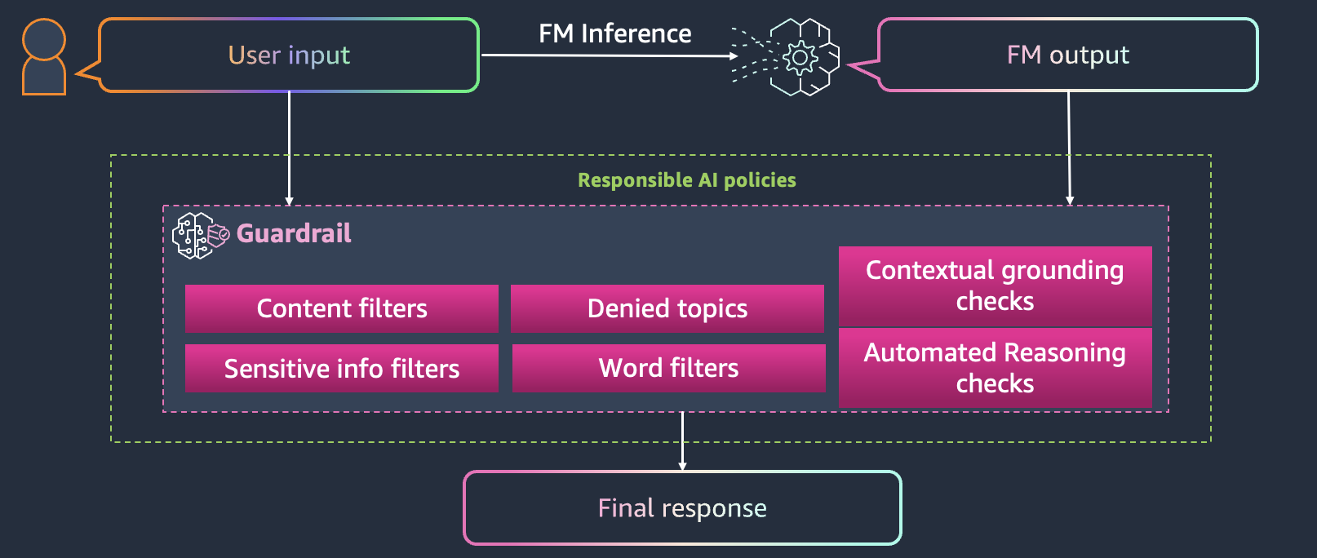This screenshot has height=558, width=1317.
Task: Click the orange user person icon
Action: tap(44, 57)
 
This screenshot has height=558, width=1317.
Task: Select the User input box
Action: tap(289, 55)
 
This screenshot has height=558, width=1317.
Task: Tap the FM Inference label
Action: tap(614, 33)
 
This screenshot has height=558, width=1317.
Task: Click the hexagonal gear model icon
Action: tap(800, 57)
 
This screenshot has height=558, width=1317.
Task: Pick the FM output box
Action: tap(1067, 55)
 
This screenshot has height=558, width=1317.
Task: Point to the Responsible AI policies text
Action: tap(686, 180)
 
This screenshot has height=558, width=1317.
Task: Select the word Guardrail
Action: tap(294, 234)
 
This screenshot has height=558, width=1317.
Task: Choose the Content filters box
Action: tap(341, 308)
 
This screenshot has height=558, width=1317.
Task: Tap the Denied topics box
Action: tap(667, 308)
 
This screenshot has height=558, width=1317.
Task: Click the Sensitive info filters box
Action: tap(341, 369)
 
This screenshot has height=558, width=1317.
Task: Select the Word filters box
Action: tap(668, 369)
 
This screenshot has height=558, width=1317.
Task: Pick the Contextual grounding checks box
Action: tap(995, 286)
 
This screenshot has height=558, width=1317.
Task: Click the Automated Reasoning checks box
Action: tap(995, 368)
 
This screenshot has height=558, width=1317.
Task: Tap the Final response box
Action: tap(682, 508)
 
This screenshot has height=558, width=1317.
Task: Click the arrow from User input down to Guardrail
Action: tap(289, 147)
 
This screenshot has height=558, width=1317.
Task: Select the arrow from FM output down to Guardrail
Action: tap(1069, 147)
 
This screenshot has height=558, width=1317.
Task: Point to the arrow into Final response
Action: tap(682, 441)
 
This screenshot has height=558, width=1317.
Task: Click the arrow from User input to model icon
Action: tap(608, 55)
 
